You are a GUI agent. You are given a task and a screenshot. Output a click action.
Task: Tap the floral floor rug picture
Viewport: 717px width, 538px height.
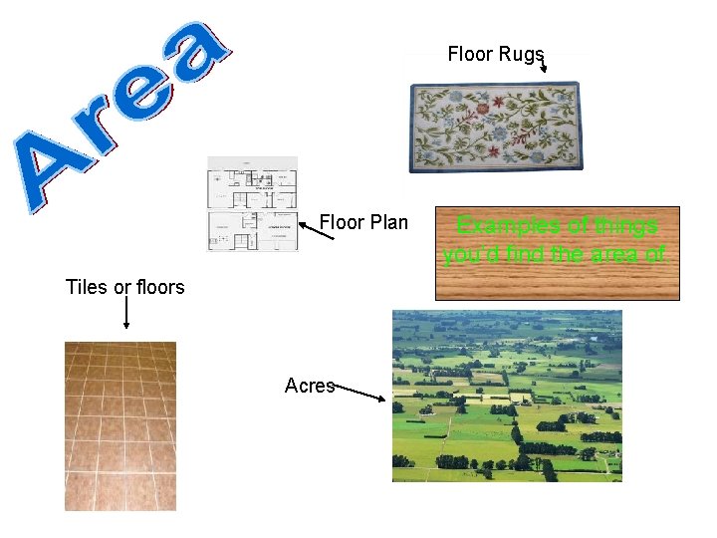click(x=495, y=127)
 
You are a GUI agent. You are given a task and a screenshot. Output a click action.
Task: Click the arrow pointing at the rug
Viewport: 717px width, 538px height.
click(x=542, y=63)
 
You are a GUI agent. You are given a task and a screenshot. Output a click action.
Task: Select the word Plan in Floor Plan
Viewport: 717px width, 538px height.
click(x=388, y=222)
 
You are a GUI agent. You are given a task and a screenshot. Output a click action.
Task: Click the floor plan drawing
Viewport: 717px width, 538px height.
click(x=252, y=204)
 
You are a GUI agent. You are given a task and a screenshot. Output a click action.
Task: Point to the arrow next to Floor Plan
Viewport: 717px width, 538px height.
click(x=316, y=230)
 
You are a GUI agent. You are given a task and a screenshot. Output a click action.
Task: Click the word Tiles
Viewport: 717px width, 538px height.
click(x=86, y=287)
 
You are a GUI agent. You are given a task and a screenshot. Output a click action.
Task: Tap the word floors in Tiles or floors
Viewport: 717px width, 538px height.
click(x=159, y=287)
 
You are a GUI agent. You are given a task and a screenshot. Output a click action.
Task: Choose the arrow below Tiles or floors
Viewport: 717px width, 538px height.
click(x=125, y=313)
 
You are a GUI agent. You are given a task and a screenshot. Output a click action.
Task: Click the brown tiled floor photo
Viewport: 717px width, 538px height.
click(x=120, y=426)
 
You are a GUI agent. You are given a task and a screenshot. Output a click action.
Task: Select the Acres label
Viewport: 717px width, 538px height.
click(x=309, y=386)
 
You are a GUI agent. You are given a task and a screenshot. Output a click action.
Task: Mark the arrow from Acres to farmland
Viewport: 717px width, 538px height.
click(x=358, y=393)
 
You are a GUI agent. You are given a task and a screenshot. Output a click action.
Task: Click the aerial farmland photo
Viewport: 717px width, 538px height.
click(x=507, y=396)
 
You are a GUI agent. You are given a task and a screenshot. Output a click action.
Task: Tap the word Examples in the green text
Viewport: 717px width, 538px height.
click(x=504, y=225)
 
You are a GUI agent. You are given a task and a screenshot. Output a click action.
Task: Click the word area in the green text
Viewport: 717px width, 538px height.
click(x=614, y=255)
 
